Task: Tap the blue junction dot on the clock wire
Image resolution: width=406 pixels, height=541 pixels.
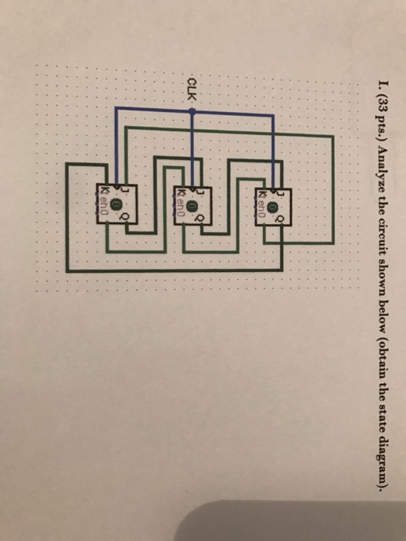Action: point(193,111)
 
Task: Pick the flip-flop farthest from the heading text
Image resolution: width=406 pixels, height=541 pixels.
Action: point(115,204)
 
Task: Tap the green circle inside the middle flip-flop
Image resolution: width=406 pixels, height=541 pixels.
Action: point(191,204)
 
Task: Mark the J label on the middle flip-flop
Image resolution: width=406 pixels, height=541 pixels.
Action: point(200,190)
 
